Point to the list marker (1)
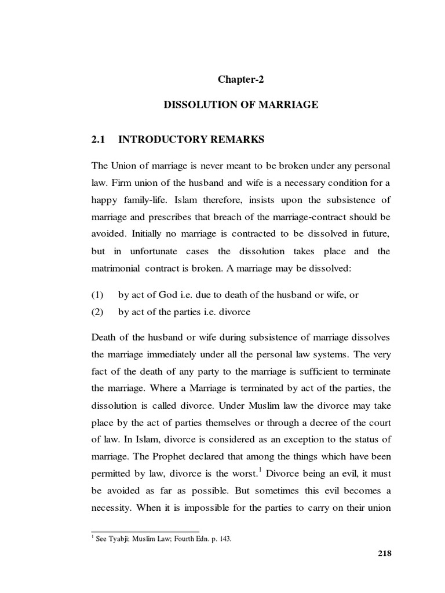click(x=97, y=295)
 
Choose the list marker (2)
click(x=97, y=312)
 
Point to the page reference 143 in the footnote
click(x=225, y=539)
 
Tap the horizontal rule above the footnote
click(x=145, y=530)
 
